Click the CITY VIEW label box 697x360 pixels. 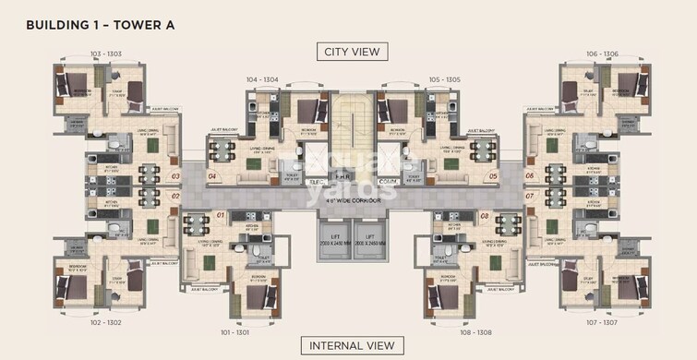tap(349, 52)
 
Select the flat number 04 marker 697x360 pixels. tap(212, 175)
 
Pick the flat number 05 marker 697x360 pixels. tap(493, 175)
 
